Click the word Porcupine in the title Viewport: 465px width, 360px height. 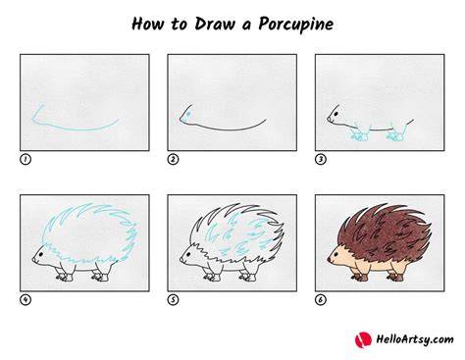click(295, 25)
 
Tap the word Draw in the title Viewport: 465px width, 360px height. click(215, 24)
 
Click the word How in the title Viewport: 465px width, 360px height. click(147, 24)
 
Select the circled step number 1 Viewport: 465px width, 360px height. click(26, 159)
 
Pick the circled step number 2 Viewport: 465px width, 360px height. click(173, 159)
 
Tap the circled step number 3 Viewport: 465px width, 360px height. click(321, 159)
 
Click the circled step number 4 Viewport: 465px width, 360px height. click(26, 299)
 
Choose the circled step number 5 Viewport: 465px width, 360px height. click(173, 299)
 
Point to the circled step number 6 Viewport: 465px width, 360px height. click(321, 299)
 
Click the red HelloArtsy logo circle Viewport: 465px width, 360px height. click(363, 339)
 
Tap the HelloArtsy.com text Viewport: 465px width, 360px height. click(415, 339)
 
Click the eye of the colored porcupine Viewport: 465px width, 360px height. click(336, 254)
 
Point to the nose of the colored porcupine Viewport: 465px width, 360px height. click(329, 260)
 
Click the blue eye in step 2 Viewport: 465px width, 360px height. click(188, 114)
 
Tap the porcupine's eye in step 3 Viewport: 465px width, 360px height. click(336, 115)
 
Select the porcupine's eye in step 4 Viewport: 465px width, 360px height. click(40, 254)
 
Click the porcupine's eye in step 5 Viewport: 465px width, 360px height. click(188, 254)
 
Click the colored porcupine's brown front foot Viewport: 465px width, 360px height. click(360, 278)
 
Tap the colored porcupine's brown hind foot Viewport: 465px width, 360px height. click(395, 278)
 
